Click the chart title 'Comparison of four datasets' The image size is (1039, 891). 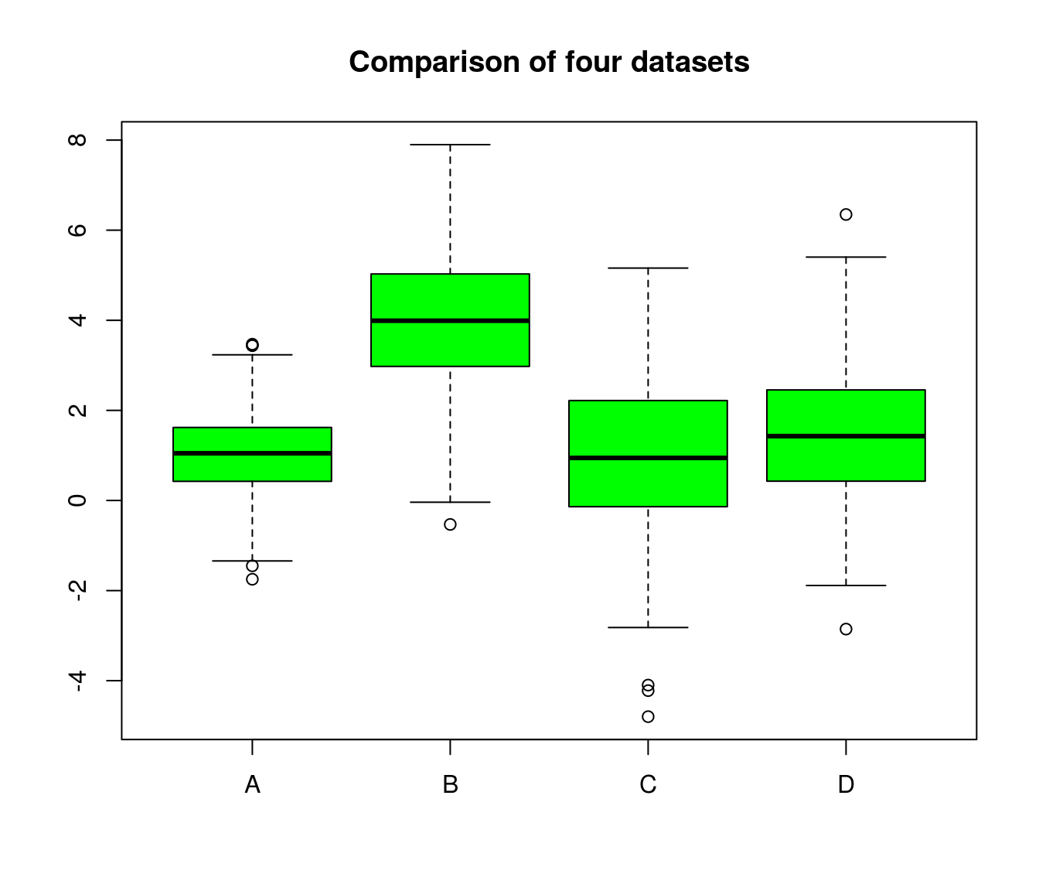point(549,62)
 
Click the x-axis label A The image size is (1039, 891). point(252,785)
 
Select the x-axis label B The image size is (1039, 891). point(450,785)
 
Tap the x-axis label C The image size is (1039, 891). point(648,785)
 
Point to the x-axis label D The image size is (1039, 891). point(846,785)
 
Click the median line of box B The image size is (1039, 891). point(450,320)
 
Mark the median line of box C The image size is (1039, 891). point(648,458)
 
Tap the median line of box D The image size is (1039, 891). point(846,436)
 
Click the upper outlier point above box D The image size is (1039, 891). point(846,214)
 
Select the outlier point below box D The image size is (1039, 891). point(846,629)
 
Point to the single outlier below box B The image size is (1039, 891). point(450,524)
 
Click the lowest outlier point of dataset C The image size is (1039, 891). point(648,717)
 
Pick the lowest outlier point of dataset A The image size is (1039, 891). point(252,579)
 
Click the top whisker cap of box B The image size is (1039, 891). point(450,145)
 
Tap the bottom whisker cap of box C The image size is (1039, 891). point(648,627)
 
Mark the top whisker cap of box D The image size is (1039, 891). point(846,257)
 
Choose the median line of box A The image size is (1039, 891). point(252,453)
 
